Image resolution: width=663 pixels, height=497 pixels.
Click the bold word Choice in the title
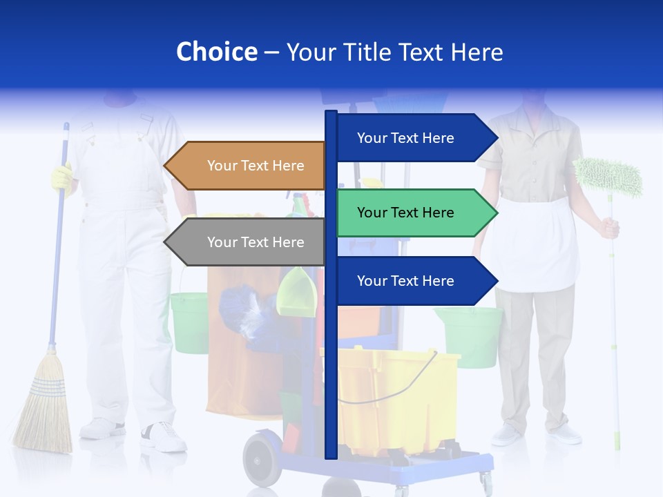(x=216, y=52)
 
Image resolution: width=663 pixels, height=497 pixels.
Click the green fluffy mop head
(x=608, y=177)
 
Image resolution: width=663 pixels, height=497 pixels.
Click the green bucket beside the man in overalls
(x=189, y=321)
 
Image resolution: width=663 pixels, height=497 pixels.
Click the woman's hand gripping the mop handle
(x=609, y=227)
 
